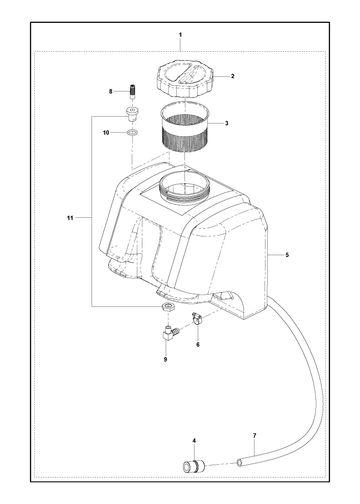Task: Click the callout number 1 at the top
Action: coord(180,35)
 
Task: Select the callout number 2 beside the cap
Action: coord(232,76)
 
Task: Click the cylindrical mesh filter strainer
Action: coord(184,127)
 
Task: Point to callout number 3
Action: coord(227,123)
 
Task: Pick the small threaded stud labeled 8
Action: coord(133,91)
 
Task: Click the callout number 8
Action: coord(111,91)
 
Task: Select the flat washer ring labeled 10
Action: coord(132,133)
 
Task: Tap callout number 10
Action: coord(106,133)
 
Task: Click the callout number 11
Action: coord(70,218)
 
